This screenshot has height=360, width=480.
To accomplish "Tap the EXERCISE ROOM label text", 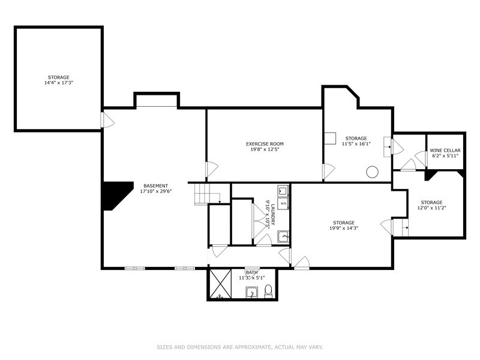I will [265, 144].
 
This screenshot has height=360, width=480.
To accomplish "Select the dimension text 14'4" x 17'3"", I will [59, 83].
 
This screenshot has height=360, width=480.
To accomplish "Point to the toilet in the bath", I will [268, 291].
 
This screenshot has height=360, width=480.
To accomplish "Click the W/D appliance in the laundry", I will [283, 204].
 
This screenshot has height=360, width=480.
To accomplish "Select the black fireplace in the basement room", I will [115, 195].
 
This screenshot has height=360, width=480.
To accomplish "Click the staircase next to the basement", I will [206, 194].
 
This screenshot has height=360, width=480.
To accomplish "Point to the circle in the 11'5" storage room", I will [372, 172].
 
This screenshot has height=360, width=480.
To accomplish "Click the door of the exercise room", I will [211, 170].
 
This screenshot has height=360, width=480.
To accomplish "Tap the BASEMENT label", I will [155, 185].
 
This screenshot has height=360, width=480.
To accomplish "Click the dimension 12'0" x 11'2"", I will [432, 208].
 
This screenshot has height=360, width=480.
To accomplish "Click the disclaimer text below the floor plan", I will [240, 346].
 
